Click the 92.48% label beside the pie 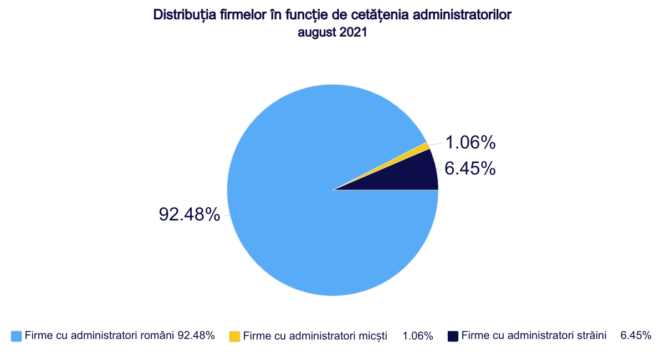pyautogui.click(x=190, y=214)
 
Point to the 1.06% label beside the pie pyautogui.click(x=470, y=143)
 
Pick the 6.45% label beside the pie pyautogui.click(x=470, y=168)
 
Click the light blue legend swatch pyautogui.click(x=16, y=336)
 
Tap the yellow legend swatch pyautogui.click(x=234, y=336)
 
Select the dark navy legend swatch pyautogui.click(x=453, y=336)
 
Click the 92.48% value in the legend pyautogui.click(x=196, y=336)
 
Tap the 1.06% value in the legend pyautogui.click(x=417, y=336)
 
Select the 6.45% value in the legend pyautogui.click(x=636, y=336)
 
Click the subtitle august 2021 pyautogui.click(x=332, y=33)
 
